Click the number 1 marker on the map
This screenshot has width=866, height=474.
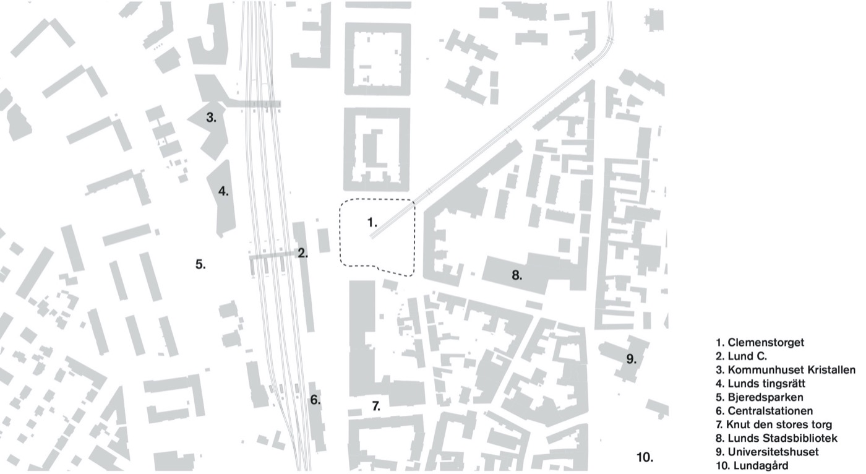pos(372,221)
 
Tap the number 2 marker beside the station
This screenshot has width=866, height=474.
pos(302,252)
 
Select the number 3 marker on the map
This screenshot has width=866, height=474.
pos(211,117)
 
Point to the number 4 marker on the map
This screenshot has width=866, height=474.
pos(223,191)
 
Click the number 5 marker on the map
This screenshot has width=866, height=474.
pos(200,264)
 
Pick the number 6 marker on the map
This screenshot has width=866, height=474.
pos(315,400)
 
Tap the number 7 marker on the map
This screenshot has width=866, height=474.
pos(376,407)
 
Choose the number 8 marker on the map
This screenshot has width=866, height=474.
pos(517,276)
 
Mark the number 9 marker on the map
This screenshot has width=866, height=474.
pos(631,359)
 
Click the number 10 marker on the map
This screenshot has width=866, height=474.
pos(645,457)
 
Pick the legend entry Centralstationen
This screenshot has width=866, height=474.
pos(764,411)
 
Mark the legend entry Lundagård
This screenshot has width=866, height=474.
pos(752,465)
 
